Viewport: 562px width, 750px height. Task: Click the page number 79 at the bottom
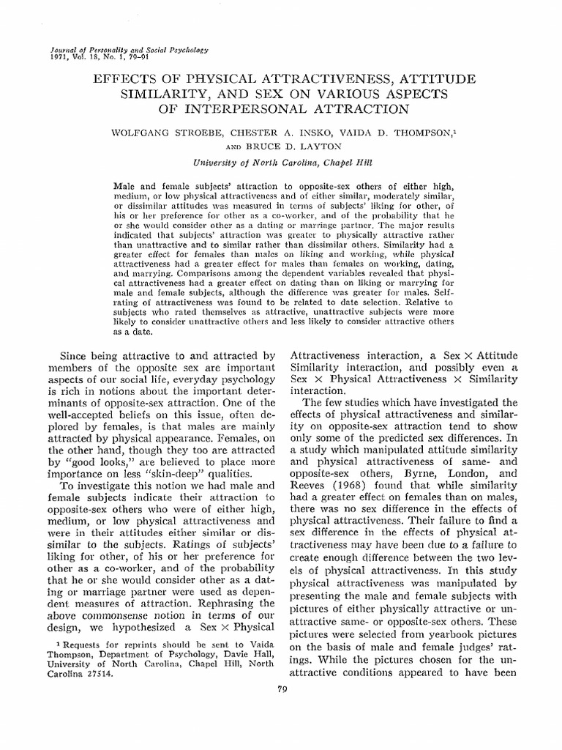[x=282, y=686]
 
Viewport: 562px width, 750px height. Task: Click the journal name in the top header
[x=128, y=48]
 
